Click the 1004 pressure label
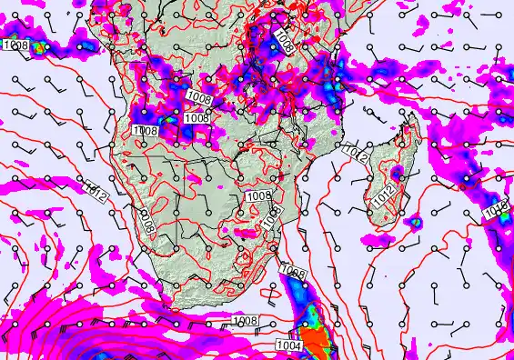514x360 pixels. point(286,345)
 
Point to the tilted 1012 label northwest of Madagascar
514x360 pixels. point(358,155)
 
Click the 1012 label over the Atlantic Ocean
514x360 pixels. point(97,190)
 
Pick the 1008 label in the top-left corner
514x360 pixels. point(15,45)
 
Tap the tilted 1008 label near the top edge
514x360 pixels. point(285,39)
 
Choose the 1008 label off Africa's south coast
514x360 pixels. point(247,321)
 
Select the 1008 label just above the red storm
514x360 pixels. point(292,273)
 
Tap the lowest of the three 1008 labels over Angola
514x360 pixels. point(146,131)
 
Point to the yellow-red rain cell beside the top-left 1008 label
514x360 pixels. point(40,42)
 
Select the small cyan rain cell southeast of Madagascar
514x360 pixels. point(415,221)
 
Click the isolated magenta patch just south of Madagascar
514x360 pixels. point(374,241)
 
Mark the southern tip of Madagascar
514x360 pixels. point(376,224)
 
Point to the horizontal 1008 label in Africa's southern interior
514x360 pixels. point(259,195)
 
